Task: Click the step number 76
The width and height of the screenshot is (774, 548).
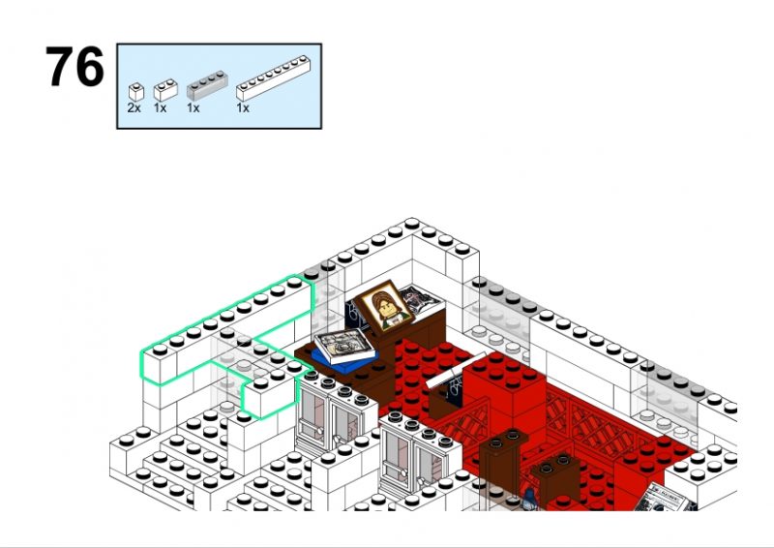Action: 74,66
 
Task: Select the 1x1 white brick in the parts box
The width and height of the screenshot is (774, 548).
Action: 135,92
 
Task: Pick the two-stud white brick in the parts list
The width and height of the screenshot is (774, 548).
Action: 165,90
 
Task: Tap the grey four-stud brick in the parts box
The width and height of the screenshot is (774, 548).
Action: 207,85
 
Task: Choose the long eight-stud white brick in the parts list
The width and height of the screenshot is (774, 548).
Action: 273,78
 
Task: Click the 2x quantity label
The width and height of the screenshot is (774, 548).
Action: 134,107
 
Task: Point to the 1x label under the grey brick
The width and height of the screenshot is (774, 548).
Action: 193,107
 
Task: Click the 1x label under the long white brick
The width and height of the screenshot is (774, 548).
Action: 243,107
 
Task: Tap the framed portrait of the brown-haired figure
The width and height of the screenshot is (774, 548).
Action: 384,307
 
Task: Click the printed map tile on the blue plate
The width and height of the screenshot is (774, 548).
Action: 344,345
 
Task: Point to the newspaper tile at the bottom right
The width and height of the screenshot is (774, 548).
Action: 664,498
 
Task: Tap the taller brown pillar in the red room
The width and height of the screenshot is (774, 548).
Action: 501,467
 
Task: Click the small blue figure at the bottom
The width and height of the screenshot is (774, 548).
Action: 529,499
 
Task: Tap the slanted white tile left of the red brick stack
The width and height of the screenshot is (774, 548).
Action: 455,368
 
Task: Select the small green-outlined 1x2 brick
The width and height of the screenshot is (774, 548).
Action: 271,393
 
